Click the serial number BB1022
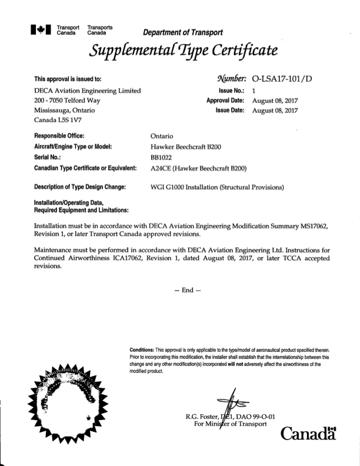164,158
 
